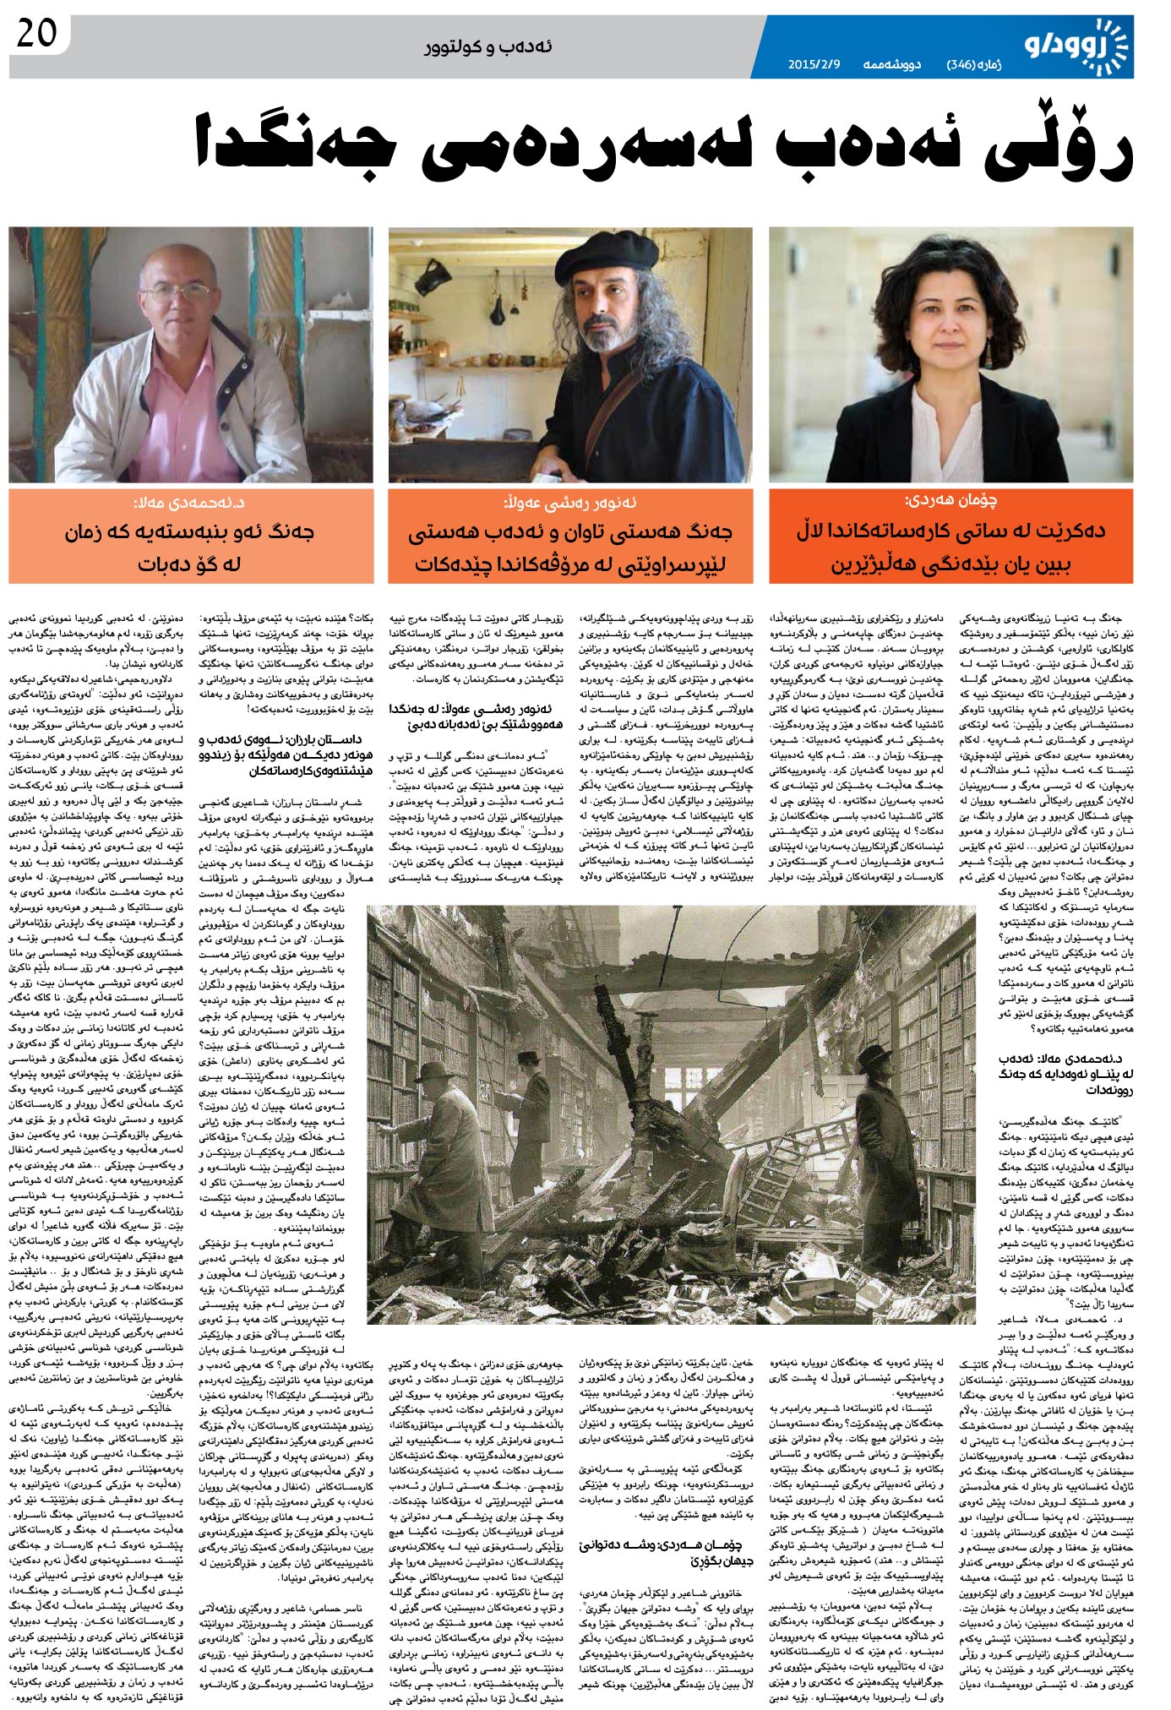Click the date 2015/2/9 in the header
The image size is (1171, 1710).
tap(812, 64)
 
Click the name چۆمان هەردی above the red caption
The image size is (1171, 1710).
tap(951, 500)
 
